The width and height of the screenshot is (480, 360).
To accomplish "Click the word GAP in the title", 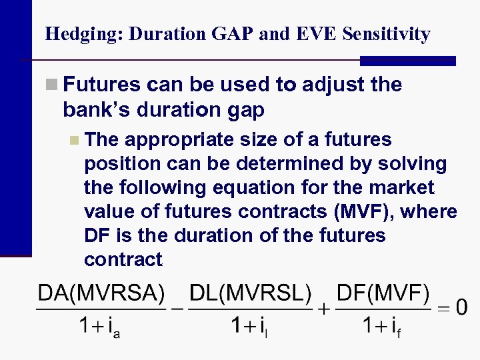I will (230, 34).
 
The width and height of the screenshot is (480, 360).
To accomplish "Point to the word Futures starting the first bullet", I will (102, 85).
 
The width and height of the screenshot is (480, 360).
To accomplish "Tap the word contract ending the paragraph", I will (123, 260).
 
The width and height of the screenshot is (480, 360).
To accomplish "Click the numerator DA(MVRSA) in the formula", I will (101, 293).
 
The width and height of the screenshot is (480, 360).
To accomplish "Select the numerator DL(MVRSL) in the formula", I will (250, 293).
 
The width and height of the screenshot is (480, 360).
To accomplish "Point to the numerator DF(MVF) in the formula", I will (383, 293).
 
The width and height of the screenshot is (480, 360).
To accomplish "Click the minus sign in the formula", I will (177, 308).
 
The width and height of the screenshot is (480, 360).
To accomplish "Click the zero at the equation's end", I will (461, 308).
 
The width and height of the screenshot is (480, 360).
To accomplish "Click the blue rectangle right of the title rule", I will (407, 61).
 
